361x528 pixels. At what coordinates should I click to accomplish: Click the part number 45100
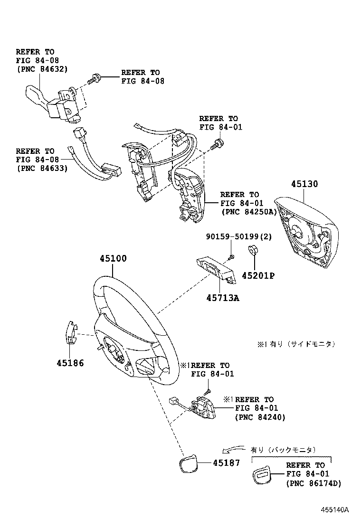[113, 259]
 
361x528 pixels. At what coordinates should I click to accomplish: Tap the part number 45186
[70, 363]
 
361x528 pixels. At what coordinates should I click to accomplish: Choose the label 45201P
[258, 275]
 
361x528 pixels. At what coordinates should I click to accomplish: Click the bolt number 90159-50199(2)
[238, 237]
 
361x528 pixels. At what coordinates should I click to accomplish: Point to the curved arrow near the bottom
[232, 450]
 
